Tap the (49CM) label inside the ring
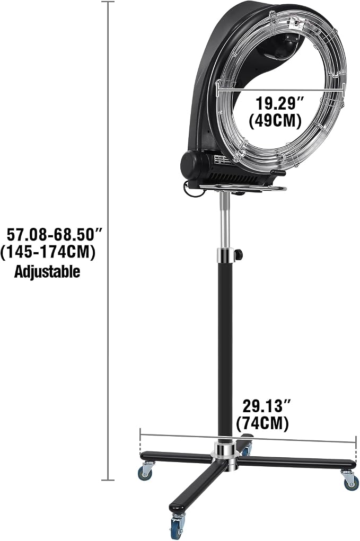[x=275, y=121]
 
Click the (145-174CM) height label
[x=48, y=253]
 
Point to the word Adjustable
[x=47, y=271]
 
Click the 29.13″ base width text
[x=267, y=406]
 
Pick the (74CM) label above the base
[x=262, y=423]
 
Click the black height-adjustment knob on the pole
[x=238, y=255]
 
